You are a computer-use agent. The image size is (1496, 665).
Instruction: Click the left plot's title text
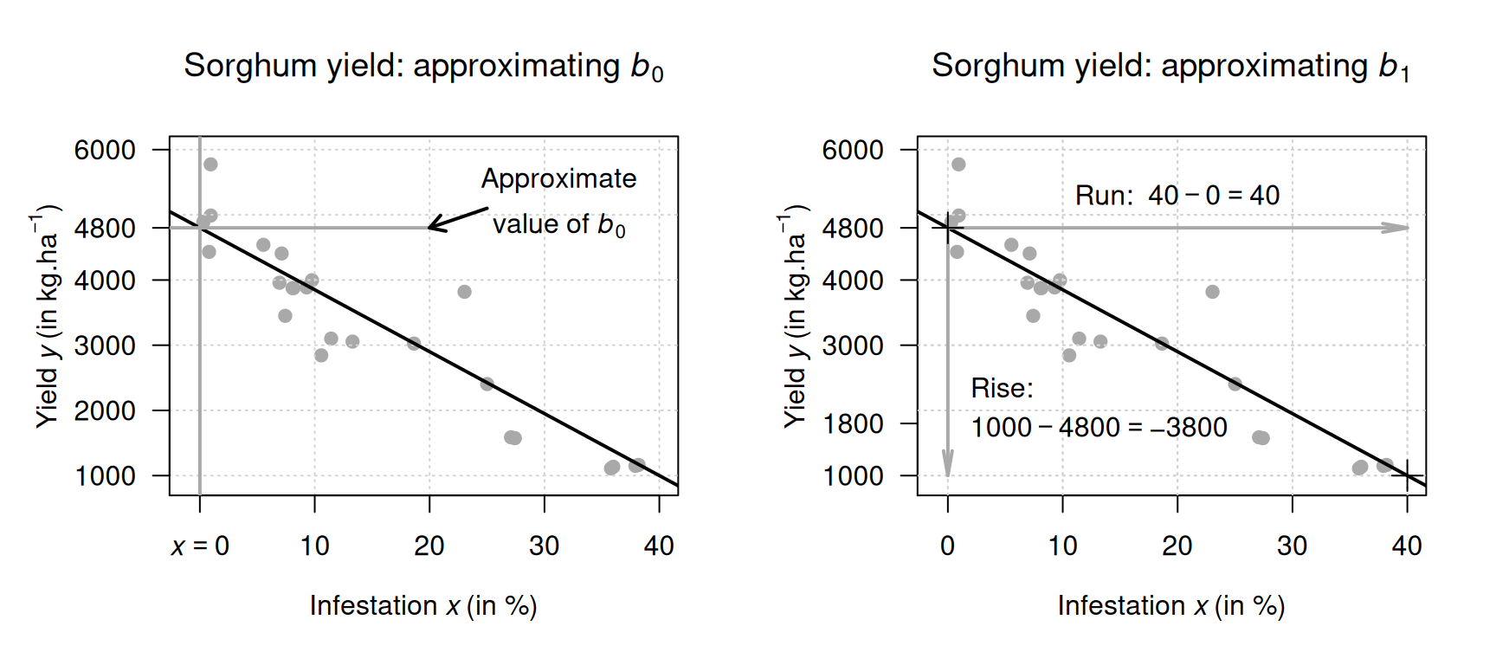point(423,67)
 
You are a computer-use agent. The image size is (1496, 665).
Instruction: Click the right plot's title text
point(1170,67)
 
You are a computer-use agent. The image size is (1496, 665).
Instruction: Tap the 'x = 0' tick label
point(200,546)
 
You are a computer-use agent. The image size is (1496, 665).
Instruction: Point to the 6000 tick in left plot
point(105,150)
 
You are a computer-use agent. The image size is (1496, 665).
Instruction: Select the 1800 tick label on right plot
point(853,423)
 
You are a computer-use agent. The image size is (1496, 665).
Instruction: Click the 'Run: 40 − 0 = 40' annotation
point(1177,196)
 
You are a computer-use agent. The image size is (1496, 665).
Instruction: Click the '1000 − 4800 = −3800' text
point(1099,428)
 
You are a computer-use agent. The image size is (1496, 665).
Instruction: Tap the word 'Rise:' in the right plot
point(1002,388)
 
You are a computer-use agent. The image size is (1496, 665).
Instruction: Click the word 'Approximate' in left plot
point(558,178)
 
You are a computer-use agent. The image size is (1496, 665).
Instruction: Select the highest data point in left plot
point(210,165)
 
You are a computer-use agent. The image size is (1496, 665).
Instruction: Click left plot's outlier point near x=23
point(464,292)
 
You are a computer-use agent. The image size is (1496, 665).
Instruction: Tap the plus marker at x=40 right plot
point(1407,475)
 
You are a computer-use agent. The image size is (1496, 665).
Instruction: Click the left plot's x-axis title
point(423,606)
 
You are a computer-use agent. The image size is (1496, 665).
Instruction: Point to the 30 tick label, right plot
point(1292,546)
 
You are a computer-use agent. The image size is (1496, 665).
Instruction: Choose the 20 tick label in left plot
point(429,546)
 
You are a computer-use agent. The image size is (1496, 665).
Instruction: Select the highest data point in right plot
point(958,165)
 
